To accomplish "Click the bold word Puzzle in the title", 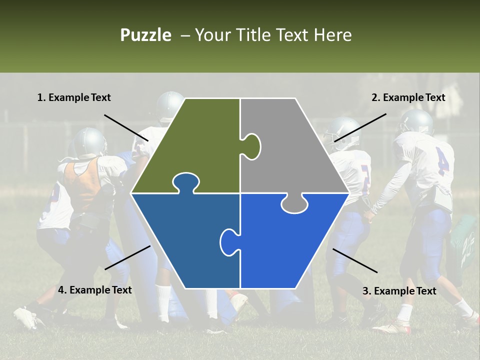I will (145, 35).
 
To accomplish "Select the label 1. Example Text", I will (74, 97).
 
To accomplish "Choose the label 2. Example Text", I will (408, 97).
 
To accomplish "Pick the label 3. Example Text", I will (399, 291).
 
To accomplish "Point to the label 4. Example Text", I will (95, 290).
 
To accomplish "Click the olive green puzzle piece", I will (195, 145).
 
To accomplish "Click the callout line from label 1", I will (126, 127).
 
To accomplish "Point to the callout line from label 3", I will (355, 260).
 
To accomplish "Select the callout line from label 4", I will (127, 257).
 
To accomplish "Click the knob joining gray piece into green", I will (252, 146).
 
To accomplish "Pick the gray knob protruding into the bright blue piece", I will (294, 204).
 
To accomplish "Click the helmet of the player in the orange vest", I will (90, 142).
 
